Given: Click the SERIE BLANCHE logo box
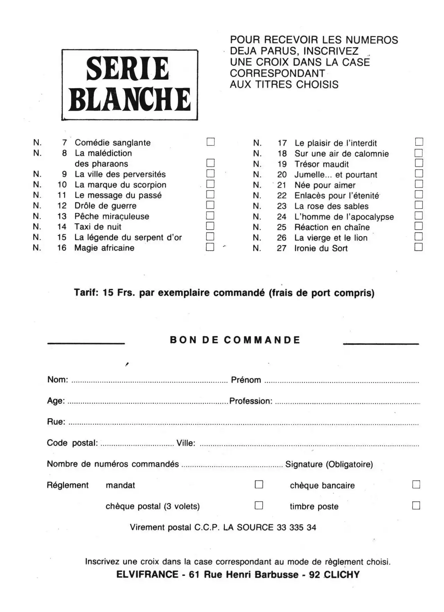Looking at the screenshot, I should click(x=130, y=85).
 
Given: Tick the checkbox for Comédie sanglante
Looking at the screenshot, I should click(x=211, y=142).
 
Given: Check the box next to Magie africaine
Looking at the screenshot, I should click(x=210, y=247).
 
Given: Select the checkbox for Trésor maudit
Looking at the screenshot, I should click(x=419, y=163).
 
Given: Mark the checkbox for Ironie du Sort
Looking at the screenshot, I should click(x=419, y=247).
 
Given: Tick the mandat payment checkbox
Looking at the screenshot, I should click(x=259, y=484).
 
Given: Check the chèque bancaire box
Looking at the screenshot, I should click(x=416, y=484).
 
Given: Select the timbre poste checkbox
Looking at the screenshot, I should click(x=416, y=505).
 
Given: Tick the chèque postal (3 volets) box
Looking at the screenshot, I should click(x=259, y=505).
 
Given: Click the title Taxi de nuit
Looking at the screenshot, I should click(x=98, y=227).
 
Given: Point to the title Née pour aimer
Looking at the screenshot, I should click(x=325, y=185).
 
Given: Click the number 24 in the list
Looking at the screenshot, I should click(x=282, y=217).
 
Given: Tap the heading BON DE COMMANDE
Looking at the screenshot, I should click(x=235, y=340).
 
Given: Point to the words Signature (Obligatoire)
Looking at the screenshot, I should click(x=329, y=464).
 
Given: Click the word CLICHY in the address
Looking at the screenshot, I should click(x=342, y=575).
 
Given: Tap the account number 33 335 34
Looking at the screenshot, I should click(x=296, y=527).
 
